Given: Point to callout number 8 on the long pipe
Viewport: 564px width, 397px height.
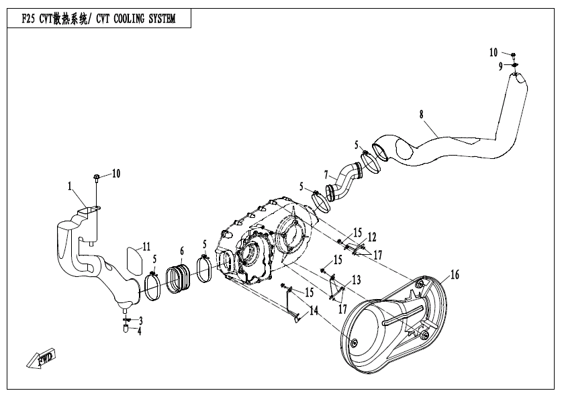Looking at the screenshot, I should point(421,115).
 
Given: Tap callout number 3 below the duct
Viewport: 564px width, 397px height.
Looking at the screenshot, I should point(140,321).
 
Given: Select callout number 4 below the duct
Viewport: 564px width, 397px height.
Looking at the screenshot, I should point(140,331).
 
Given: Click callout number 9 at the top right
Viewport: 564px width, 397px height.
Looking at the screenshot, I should point(500,66).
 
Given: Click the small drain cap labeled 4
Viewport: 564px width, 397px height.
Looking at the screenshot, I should point(126,330).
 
